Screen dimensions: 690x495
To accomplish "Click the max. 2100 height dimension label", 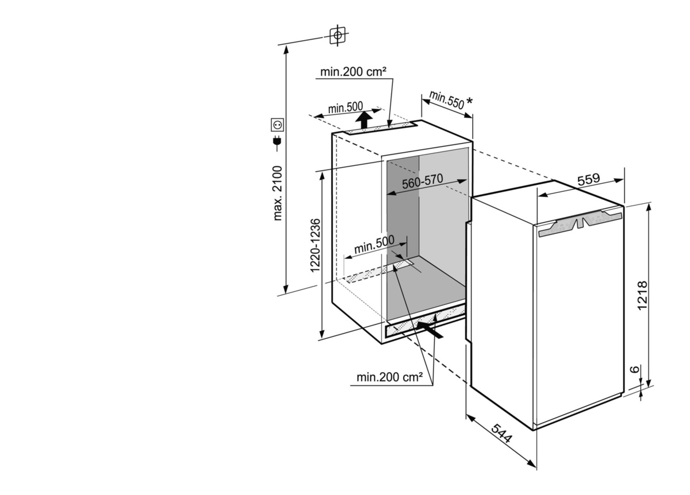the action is (278, 193).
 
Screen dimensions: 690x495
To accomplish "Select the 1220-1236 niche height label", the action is (315, 246).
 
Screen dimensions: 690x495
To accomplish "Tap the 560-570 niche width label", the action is (422, 181).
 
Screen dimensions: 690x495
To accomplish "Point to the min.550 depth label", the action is (446, 100).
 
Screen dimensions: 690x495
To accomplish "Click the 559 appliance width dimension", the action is (589, 179).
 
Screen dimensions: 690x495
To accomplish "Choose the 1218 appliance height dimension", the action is (642, 295).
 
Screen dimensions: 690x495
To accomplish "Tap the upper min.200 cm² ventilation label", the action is (353, 72).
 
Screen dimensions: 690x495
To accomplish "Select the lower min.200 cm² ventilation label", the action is (389, 377).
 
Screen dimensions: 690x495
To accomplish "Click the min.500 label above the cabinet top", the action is (346, 107).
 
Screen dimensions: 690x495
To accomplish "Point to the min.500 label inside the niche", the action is (374, 245).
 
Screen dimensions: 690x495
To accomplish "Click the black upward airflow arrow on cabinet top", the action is (364, 120).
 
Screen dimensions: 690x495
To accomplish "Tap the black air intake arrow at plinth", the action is (430, 330).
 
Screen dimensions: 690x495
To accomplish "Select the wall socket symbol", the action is (277, 125).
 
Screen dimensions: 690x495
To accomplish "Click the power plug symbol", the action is (277, 142).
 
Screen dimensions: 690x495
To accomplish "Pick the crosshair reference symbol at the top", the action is (338, 36).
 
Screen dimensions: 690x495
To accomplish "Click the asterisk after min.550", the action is (469, 101).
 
